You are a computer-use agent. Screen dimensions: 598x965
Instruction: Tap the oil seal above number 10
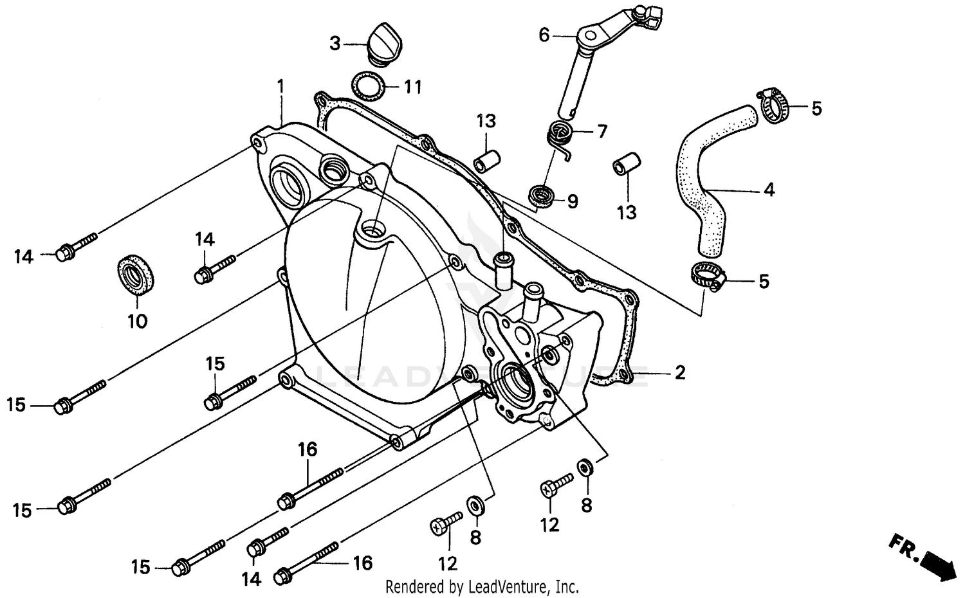136,275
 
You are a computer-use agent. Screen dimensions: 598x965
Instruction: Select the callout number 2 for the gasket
680,373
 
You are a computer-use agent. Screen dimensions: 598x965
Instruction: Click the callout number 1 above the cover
280,86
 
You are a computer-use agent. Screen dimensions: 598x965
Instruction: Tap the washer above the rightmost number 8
585,466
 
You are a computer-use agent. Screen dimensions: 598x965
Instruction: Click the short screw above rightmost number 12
556,484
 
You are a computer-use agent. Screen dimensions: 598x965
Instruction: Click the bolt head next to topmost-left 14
66,253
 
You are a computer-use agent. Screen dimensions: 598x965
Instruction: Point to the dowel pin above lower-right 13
626,164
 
